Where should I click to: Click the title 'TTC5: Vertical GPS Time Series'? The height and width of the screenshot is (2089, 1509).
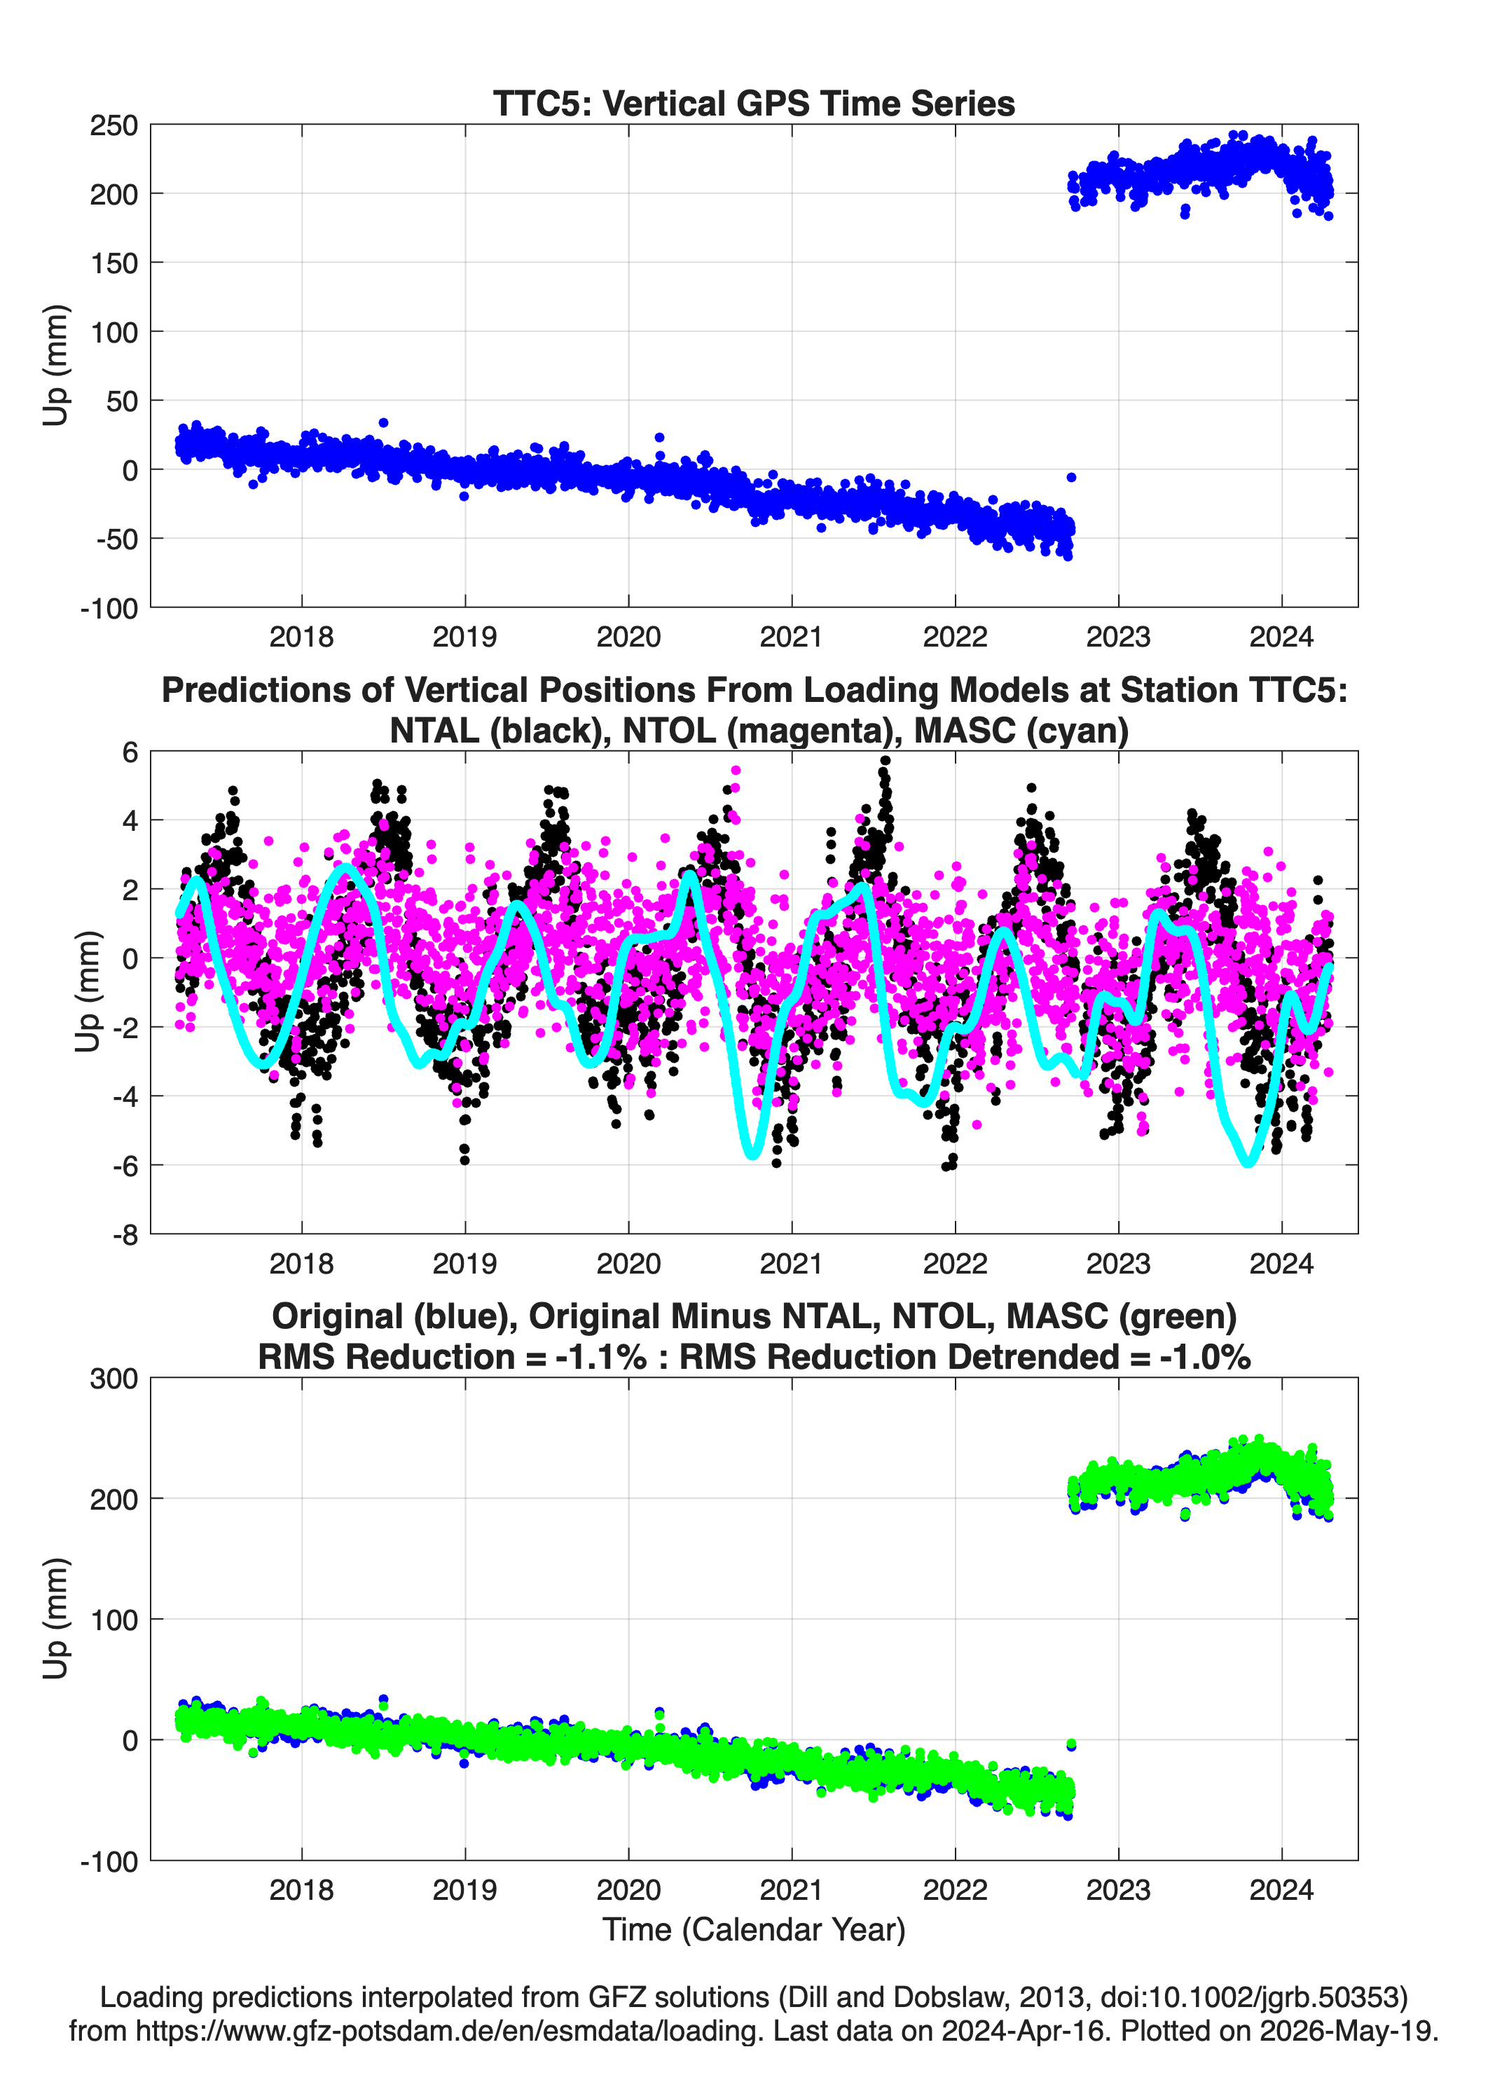[754, 103]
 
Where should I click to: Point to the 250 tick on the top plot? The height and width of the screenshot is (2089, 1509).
[113, 125]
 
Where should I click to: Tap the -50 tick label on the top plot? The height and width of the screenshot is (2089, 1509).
[117, 539]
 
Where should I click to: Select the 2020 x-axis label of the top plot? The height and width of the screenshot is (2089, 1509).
[628, 637]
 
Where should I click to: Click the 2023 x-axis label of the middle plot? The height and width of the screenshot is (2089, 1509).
[1118, 1264]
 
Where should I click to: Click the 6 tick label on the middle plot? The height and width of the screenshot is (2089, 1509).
[130, 752]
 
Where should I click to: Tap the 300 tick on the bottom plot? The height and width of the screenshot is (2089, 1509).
[113, 1379]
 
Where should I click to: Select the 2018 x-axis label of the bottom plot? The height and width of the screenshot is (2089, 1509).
[301, 1890]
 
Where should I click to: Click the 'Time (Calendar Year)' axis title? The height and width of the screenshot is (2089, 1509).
[754, 1930]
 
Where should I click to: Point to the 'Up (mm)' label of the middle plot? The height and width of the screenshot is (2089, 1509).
[87, 991]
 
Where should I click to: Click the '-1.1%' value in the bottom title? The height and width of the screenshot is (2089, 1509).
[600, 1357]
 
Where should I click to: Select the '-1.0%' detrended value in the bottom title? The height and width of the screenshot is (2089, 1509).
[1205, 1357]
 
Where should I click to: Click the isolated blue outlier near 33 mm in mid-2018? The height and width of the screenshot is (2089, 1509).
[383, 423]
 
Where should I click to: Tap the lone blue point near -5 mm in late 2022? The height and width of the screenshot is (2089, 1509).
[1070, 477]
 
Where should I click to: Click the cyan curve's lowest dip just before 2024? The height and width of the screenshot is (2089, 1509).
[1249, 1162]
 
